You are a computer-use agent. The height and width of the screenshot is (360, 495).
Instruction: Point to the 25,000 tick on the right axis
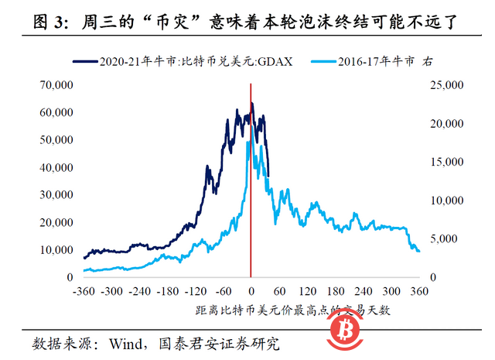tap(446, 84)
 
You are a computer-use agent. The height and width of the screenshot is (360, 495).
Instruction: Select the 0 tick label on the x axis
tap(251, 293)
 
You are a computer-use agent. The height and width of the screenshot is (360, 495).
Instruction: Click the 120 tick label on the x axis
tap(308, 293)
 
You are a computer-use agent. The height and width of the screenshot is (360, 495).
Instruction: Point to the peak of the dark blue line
tap(252, 104)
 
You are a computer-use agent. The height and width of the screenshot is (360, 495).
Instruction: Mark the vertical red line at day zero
tap(251, 194)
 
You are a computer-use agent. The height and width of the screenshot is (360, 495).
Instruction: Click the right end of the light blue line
tap(419, 251)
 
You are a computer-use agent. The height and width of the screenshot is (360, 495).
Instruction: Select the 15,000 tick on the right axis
tap(446, 162)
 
